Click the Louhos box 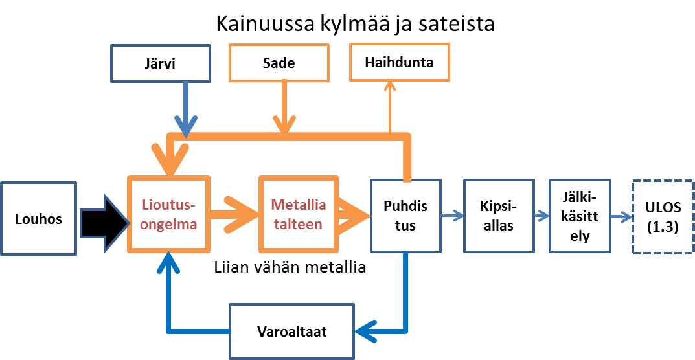coord(39,219)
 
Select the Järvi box coord(161,63)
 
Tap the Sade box coord(280,63)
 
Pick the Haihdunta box coord(399,62)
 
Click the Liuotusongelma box coord(169,214)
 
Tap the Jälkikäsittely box coord(579,216)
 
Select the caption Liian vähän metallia coord(290,267)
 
